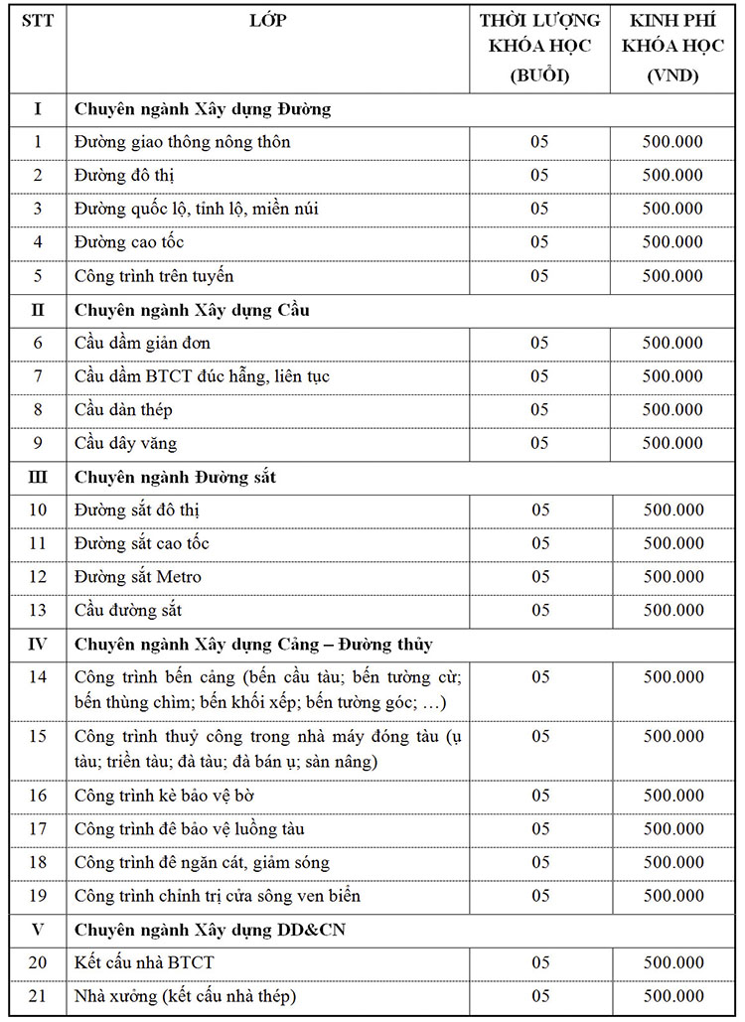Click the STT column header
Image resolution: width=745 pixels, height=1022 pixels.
tap(38, 21)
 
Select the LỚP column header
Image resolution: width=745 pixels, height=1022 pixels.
tap(268, 21)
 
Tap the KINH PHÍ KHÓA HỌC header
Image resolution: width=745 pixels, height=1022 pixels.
tap(672, 48)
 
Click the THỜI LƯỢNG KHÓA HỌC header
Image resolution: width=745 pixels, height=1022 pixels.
tap(539, 48)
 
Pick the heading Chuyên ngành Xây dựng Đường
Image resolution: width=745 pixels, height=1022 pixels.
tap(203, 109)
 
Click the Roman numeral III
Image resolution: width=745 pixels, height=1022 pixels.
tap(38, 478)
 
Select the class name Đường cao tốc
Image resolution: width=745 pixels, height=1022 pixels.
tap(129, 242)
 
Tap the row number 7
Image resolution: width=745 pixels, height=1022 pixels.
tap(38, 376)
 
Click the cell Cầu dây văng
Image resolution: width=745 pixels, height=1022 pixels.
tap(126, 443)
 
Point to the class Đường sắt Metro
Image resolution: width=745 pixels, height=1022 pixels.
tap(138, 577)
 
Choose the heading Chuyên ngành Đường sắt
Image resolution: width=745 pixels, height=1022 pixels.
tap(176, 478)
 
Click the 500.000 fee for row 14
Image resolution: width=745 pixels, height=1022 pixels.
tap(672, 677)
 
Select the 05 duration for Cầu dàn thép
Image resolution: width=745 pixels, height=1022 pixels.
tap(539, 409)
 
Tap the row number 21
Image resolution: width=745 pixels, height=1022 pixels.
tap(38, 996)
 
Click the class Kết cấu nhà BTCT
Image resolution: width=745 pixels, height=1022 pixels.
tap(144, 962)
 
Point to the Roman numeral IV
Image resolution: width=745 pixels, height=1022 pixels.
tap(38, 645)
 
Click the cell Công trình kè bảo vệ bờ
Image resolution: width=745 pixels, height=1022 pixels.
tap(171, 796)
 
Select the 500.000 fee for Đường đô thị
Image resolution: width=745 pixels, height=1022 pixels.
tap(672, 176)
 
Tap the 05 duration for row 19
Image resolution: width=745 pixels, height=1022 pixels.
tap(539, 896)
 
